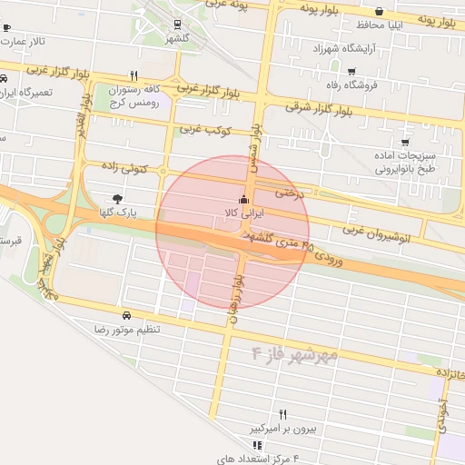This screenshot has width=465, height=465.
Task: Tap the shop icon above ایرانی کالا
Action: pyautogui.click(x=242, y=200)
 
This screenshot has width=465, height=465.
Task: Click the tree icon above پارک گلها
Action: pyautogui.click(x=117, y=198)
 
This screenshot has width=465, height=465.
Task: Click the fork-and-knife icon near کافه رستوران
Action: pyautogui.click(x=134, y=77)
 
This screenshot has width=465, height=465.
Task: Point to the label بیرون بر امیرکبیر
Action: pyautogui.click(x=282, y=427)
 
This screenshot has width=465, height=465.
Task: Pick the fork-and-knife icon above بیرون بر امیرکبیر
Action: pyautogui.click(x=282, y=413)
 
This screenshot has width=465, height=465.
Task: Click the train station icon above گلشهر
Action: pyautogui.click(x=176, y=25)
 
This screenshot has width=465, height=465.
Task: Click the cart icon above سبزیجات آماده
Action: pyautogui.click(x=404, y=143)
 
